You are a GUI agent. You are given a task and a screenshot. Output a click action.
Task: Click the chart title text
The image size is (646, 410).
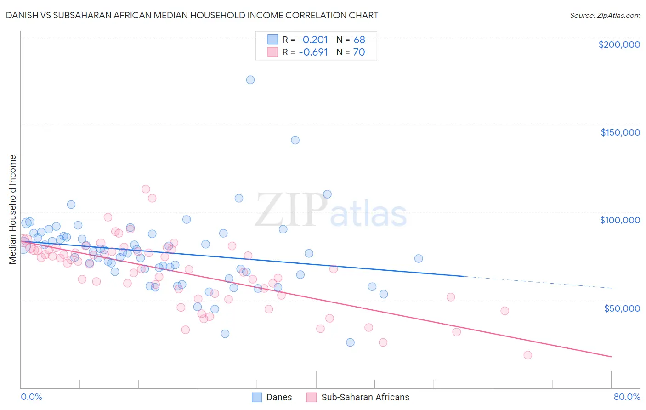[193, 15]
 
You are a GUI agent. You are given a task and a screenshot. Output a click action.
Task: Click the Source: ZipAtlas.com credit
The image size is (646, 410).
[605, 15]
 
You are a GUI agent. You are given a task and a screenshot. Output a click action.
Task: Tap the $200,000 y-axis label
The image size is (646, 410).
[619, 45]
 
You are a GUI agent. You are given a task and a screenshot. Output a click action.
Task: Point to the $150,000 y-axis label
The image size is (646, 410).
[620, 132]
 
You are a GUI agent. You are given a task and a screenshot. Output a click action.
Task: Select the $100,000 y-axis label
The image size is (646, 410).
[620, 220]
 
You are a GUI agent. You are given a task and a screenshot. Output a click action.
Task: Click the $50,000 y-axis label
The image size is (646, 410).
[622, 308]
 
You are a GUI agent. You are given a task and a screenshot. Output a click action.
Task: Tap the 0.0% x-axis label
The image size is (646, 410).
[31, 397]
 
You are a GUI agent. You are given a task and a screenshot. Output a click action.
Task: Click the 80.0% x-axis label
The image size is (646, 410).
[627, 397]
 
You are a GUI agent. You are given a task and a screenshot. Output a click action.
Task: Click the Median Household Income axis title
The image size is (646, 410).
[13, 210]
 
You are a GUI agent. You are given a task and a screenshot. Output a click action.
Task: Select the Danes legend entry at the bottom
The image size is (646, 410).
[279, 397]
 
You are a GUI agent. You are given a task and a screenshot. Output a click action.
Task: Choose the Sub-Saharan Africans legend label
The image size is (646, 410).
[365, 397]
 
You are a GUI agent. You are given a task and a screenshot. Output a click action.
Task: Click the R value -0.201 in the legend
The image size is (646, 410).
[313, 40]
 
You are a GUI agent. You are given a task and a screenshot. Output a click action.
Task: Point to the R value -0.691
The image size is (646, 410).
[313, 52]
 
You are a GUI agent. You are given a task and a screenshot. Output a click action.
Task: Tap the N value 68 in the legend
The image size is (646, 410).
[359, 40]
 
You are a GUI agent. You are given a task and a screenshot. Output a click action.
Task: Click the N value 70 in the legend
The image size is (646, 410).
[359, 52]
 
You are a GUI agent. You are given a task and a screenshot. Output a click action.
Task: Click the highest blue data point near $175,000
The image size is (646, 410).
[250, 80]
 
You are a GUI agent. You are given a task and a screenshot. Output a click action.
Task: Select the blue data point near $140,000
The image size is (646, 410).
[295, 140]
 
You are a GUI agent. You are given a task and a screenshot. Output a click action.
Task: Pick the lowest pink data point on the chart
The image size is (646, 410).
[527, 355]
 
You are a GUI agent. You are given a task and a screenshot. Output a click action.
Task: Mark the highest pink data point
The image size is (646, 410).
[146, 189]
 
